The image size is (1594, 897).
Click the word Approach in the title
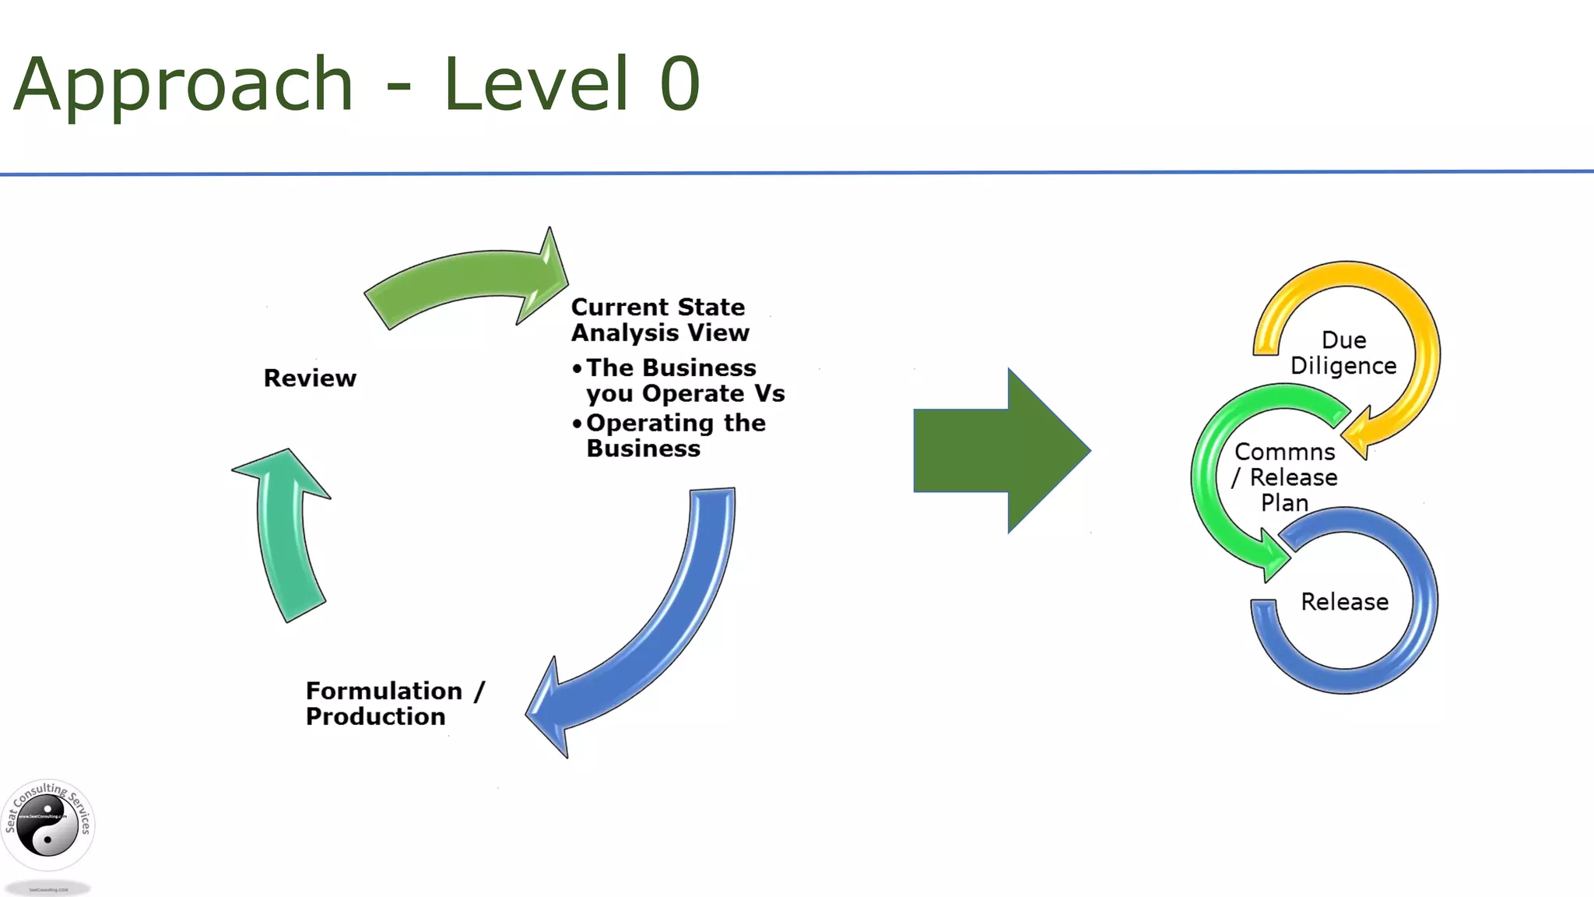coord(184,84)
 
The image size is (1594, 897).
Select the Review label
coord(310,378)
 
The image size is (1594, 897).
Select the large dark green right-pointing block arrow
coord(1000,450)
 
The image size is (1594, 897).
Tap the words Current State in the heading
coord(658,307)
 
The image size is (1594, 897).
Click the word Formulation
coord(384,691)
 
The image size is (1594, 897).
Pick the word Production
coord(375,716)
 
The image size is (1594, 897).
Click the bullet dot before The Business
coord(577,368)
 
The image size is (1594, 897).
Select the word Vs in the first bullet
coord(769,393)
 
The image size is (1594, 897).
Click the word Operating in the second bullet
coord(650,423)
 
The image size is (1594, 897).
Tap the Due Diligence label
coord(1343,353)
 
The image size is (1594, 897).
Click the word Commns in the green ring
coord(1284,452)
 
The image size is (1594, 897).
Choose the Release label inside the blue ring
coord(1344,602)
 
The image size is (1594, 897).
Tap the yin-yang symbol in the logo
coord(47,827)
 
